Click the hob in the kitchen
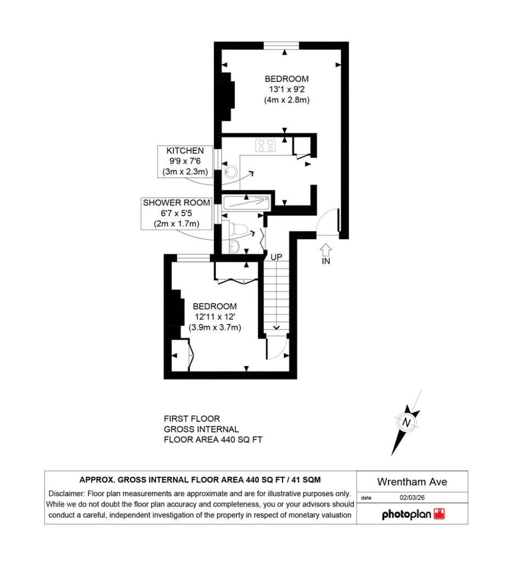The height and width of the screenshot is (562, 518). pyautogui.click(x=266, y=145)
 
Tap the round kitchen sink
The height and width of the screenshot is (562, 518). pyautogui.click(x=230, y=172)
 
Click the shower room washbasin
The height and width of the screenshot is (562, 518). pyautogui.click(x=234, y=246)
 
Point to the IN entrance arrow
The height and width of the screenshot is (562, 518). pyautogui.click(x=325, y=250)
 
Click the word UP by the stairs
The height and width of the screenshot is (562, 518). pyautogui.click(x=276, y=257)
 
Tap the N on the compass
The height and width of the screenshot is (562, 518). pyautogui.click(x=406, y=423)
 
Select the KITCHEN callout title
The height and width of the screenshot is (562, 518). pyautogui.click(x=185, y=150)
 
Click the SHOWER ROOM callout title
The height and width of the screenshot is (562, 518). pyautogui.click(x=176, y=203)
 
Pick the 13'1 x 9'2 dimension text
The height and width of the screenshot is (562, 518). pyautogui.click(x=286, y=89)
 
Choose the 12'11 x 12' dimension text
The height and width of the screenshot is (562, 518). pyautogui.click(x=215, y=317)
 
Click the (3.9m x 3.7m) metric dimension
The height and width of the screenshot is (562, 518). pyautogui.click(x=215, y=327)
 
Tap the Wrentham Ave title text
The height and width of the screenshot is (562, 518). pyautogui.click(x=412, y=482)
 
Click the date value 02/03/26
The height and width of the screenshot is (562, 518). pyautogui.click(x=412, y=497)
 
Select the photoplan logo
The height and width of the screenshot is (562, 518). pyautogui.click(x=413, y=514)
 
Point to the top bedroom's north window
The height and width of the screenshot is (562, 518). pyautogui.click(x=281, y=46)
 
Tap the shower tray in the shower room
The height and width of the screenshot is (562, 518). pyautogui.click(x=246, y=203)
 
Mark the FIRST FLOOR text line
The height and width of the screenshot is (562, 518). pyautogui.click(x=192, y=419)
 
